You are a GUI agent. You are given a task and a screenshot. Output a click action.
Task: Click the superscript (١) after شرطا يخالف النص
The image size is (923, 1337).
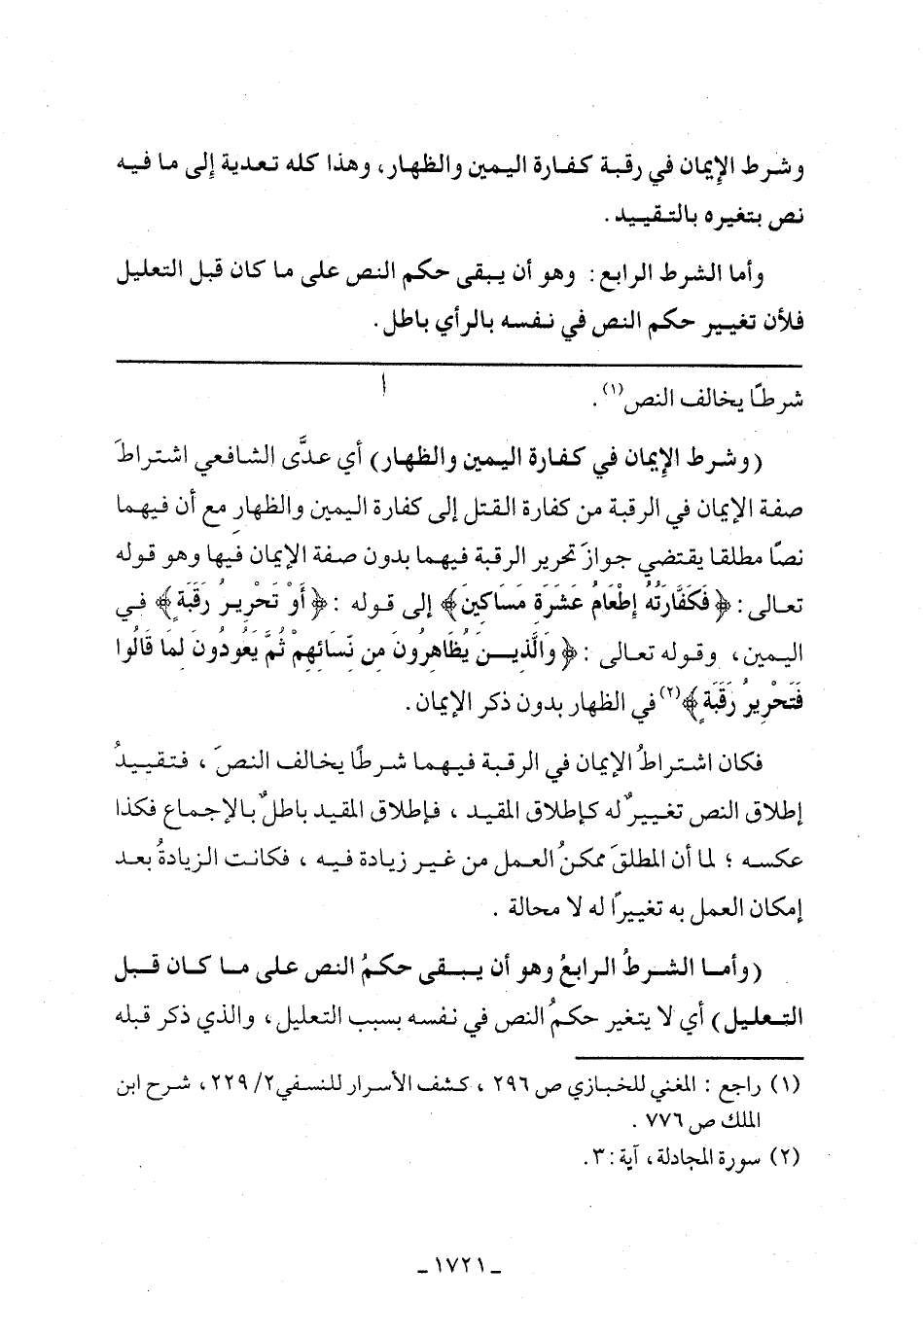(610, 394)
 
